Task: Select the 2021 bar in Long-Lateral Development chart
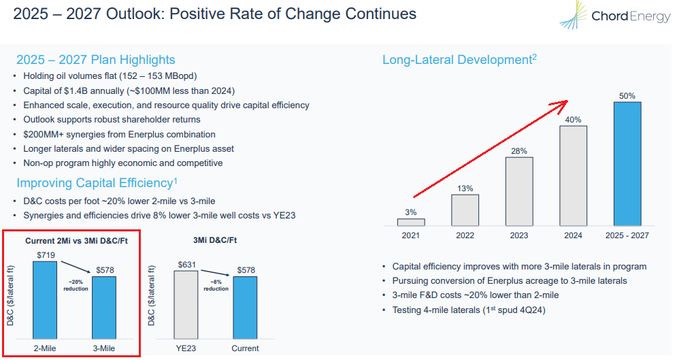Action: [410, 222]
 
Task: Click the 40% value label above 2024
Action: [574, 120]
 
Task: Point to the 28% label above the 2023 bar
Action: [519, 151]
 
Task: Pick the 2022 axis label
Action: [465, 235]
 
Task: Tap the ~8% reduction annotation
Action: [216, 284]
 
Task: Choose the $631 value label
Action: [187, 265]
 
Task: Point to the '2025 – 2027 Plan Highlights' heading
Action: [96, 60]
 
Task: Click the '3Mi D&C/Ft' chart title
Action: [216, 240]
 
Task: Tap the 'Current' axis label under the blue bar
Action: [245, 348]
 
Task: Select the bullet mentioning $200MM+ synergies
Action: [119, 135]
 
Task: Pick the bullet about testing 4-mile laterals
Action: [469, 310]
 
